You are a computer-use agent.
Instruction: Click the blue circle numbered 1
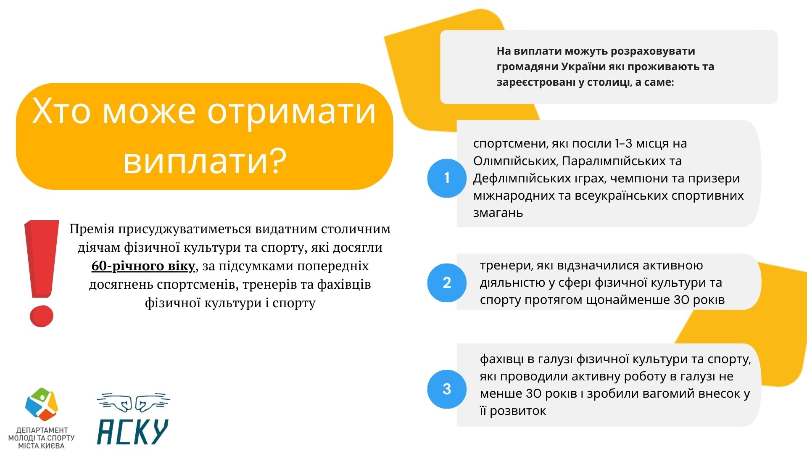coord(447,178)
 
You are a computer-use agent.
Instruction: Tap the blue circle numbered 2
coord(447,282)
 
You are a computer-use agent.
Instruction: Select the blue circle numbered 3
coord(447,389)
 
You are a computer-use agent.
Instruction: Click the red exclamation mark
coord(42,273)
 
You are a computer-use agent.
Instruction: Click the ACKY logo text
coord(133,431)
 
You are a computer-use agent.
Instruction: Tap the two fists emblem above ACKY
coord(134,402)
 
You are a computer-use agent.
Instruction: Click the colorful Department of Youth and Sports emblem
coord(42,404)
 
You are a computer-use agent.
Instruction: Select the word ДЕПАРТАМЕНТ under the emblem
coord(42,430)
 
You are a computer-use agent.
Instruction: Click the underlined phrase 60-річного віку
coord(143,266)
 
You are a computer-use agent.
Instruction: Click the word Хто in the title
coord(61,111)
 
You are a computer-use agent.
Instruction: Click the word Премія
coord(92,229)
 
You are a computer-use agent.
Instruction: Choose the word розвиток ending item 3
coord(518,411)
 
